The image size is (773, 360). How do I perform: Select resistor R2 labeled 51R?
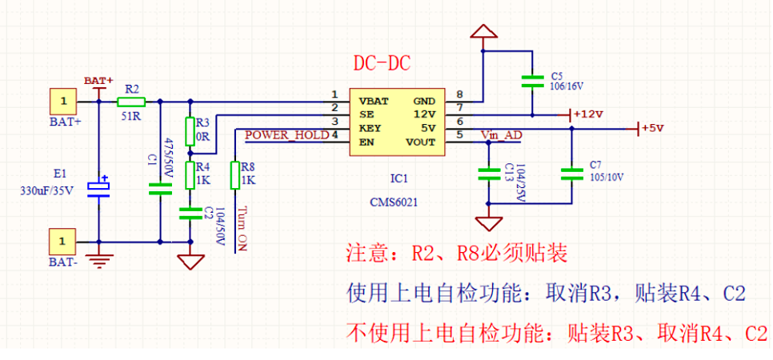pyautogui.click(x=130, y=102)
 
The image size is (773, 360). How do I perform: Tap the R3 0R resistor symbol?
pyautogui.click(x=190, y=130)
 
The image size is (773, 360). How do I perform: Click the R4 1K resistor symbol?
pyautogui.click(x=190, y=173)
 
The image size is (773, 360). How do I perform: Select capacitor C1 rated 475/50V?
pyautogui.click(x=160, y=189)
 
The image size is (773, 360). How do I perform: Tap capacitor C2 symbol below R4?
pyautogui.click(x=190, y=212)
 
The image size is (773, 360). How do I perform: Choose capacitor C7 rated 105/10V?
pyautogui.click(x=571, y=173)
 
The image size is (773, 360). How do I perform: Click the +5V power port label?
pyautogui.click(x=651, y=128)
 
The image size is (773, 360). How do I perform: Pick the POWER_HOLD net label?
pyautogui.click(x=286, y=135)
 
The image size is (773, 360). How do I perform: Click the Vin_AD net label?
pyautogui.click(x=501, y=135)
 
